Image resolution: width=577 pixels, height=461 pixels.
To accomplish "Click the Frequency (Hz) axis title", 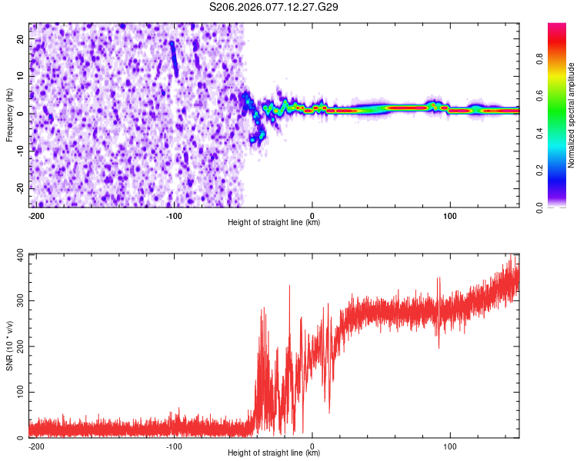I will pyautogui.click(x=10, y=114).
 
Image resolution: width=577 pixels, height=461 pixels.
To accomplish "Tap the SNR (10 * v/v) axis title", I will pyautogui.click(x=10, y=345).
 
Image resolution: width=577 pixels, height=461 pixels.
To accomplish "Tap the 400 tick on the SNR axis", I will pyautogui.click(x=18, y=254).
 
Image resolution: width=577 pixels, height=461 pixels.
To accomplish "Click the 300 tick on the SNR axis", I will pyautogui.click(x=18, y=300).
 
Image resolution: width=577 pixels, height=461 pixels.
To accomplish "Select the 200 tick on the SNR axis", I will pyautogui.click(x=18, y=347).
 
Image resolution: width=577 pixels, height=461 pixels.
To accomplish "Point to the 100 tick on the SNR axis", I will pyautogui.click(x=18, y=393).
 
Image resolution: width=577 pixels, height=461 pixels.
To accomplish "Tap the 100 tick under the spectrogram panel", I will pyautogui.click(x=450, y=214).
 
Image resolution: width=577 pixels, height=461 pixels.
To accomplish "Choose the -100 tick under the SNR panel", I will pyautogui.click(x=174, y=445).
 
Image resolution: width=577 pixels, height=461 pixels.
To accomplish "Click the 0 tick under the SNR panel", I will pyautogui.click(x=312, y=445).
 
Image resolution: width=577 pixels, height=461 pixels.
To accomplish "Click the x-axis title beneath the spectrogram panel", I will pyautogui.click(x=274, y=223).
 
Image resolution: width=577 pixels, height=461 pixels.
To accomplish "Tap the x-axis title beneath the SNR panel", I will pyautogui.click(x=274, y=453).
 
